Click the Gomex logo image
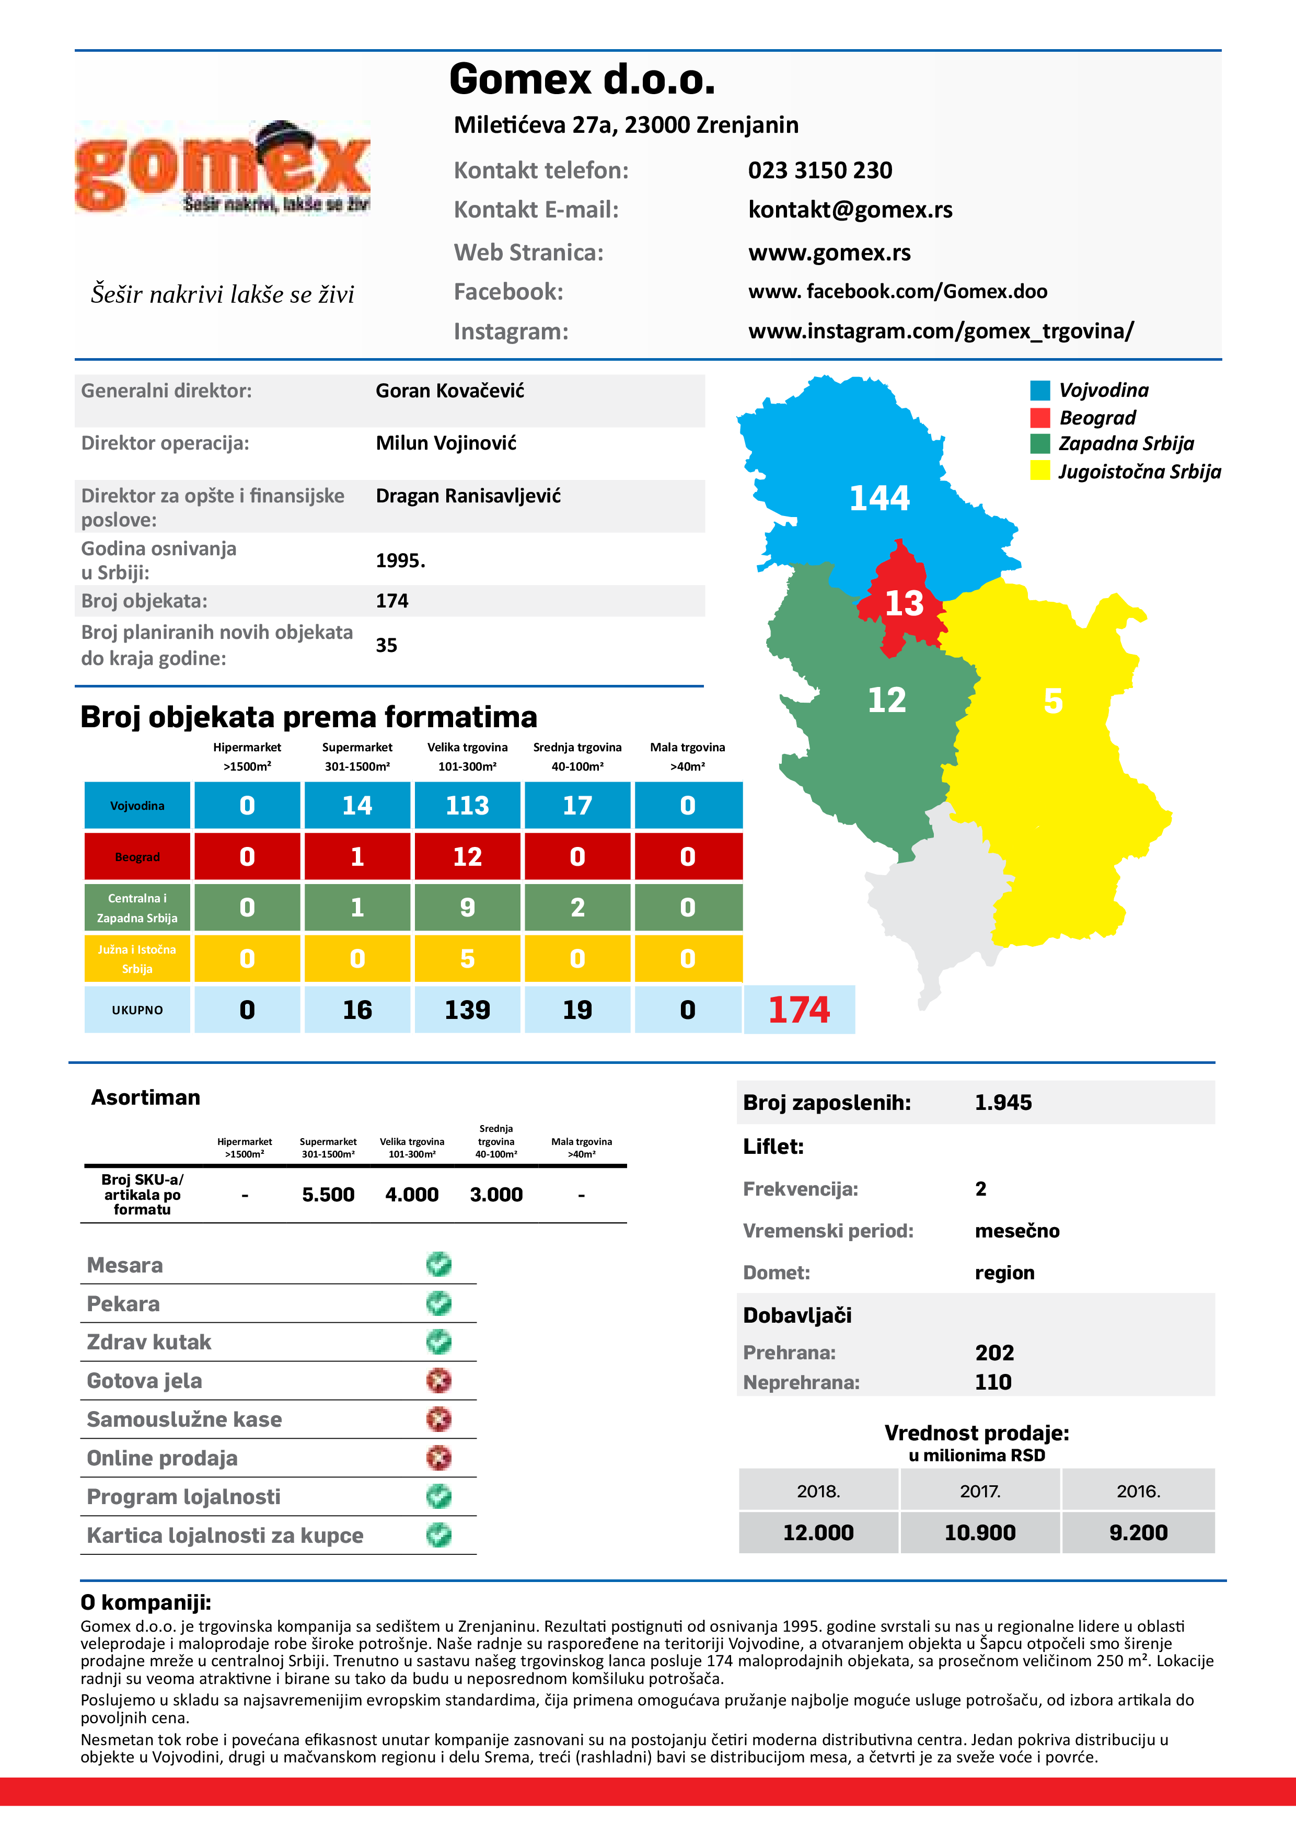(x=222, y=168)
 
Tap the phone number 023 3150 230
(x=819, y=170)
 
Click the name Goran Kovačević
(x=449, y=391)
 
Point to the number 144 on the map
(x=879, y=498)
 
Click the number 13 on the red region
(x=904, y=603)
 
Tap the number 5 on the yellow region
(x=1052, y=701)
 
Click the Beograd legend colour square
(x=1040, y=418)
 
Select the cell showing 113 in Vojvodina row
(x=467, y=805)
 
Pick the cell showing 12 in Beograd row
(x=467, y=856)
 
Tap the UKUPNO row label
(x=137, y=1010)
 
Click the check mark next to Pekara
(x=438, y=1303)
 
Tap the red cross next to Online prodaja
(x=438, y=1458)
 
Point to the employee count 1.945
(x=1003, y=1102)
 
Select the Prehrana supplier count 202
(x=994, y=1352)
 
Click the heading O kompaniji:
(x=145, y=1602)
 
